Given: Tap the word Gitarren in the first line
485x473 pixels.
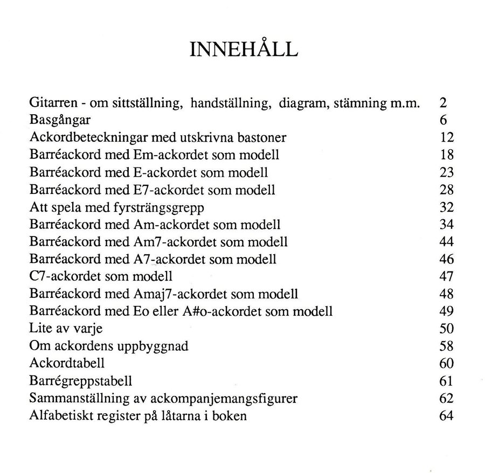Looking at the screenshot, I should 50,103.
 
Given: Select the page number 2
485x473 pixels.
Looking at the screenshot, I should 443,103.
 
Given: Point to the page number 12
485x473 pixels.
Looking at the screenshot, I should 447,138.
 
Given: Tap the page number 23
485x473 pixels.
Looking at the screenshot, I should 447,172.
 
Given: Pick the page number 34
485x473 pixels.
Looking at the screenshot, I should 447,224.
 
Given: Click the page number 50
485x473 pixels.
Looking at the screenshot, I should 447,329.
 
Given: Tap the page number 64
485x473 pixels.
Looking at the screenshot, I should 447,416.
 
